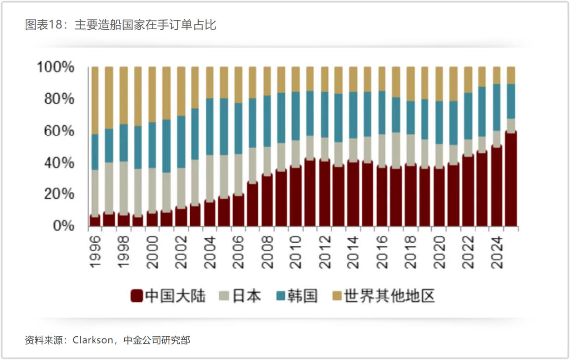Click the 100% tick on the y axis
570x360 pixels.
coord(55,67)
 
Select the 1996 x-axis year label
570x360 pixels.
coord(95,252)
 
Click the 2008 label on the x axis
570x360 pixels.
coord(267,252)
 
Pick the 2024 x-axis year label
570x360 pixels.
coord(497,252)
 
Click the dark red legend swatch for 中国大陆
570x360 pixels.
coord(137,296)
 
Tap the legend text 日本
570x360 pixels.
coord(246,296)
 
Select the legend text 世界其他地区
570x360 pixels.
coord(389,296)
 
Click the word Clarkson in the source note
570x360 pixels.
coord(92,340)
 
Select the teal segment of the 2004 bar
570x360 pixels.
coord(209,127)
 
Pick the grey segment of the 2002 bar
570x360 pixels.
coord(181,188)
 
